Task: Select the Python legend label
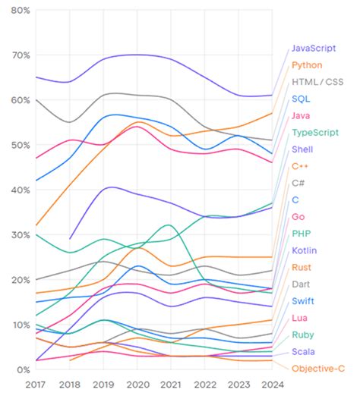(308, 65)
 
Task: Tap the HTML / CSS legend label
(317, 82)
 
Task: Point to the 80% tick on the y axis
(21, 11)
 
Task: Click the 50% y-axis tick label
(21, 145)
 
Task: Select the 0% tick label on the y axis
(23, 369)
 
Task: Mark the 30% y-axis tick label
(21, 235)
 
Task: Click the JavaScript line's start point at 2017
(36, 77)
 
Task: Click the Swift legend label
(305, 301)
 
